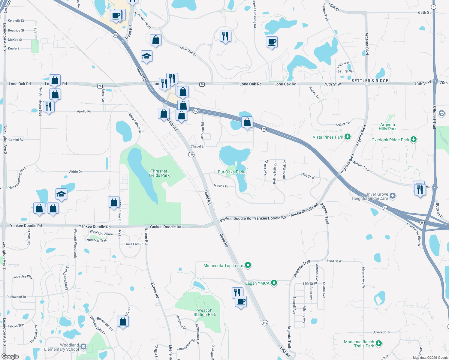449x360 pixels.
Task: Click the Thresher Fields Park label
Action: pos(159,173)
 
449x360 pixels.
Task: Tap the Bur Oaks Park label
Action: pos(231,172)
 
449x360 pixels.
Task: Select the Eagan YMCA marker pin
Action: pos(274,283)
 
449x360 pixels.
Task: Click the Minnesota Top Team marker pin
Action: pos(248,265)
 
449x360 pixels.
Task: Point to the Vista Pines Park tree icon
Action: pos(348,137)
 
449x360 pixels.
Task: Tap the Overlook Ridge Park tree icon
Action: pos(414,139)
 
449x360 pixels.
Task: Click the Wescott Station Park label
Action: pos(205,312)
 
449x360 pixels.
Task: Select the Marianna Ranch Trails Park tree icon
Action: pos(379,343)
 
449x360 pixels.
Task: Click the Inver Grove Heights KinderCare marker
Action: pos(393,196)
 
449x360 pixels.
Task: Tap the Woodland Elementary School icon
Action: pos(83,347)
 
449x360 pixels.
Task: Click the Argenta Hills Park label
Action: pos(387,127)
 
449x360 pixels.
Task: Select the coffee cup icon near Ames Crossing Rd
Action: pos(272,42)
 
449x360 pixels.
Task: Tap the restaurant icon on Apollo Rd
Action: pos(48,107)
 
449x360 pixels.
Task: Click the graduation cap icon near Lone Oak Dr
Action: pos(146,56)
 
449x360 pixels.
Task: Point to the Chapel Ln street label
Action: pos(198,146)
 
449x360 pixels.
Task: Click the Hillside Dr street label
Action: pos(221,186)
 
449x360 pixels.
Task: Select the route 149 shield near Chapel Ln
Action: pos(191,154)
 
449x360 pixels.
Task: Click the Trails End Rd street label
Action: pos(134,244)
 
